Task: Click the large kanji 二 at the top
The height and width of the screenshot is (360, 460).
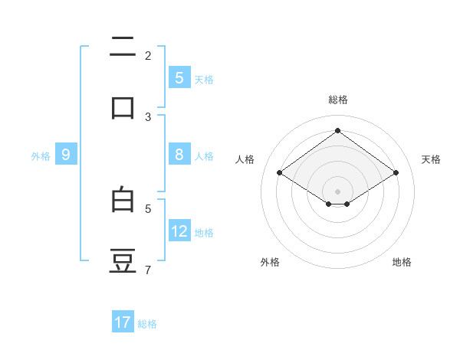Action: pos(123,48)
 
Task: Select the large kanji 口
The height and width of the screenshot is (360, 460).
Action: pos(123,107)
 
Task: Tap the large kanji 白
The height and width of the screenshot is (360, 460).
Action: pos(123,200)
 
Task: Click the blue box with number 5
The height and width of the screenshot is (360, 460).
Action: pos(179,77)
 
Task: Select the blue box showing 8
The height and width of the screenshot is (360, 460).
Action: pos(179,155)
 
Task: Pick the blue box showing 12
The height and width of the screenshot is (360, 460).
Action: pos(179,231)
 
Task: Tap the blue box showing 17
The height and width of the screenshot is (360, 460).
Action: pos(123,322)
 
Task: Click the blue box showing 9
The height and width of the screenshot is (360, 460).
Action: pos(66,155)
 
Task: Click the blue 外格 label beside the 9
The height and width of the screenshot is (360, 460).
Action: pos(41,155)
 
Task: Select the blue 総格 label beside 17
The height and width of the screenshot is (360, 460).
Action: pos(147,323)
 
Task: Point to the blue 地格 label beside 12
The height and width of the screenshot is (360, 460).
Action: pos(204,232)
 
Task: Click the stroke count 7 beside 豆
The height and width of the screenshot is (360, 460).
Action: pos(148,270)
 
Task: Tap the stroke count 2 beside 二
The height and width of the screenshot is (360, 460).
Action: pos(148,56)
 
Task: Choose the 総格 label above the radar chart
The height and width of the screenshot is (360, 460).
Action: pos(338,100)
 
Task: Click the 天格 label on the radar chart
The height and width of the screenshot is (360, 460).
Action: pos(432,159)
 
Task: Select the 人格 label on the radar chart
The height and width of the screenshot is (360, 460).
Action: pos(245,159)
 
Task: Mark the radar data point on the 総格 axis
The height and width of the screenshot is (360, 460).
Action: pos(338,131)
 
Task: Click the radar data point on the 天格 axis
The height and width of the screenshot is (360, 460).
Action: pos(396,173)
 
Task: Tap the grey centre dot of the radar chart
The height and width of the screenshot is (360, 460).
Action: pos(338,191)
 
